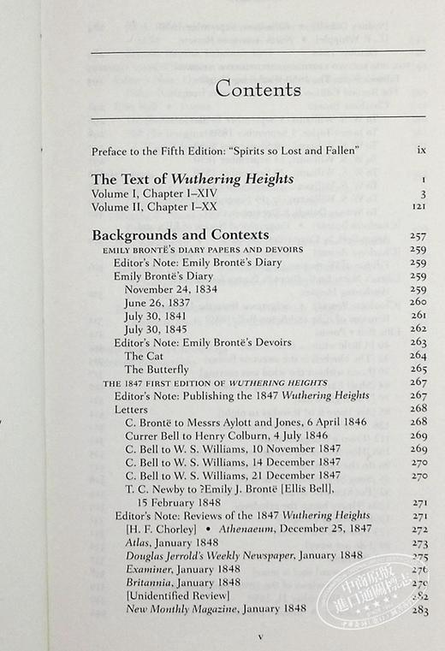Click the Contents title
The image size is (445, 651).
(x=258, y=88)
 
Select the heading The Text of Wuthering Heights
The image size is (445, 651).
(x=193, y=180)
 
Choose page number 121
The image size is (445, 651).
(x=418, y=206)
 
